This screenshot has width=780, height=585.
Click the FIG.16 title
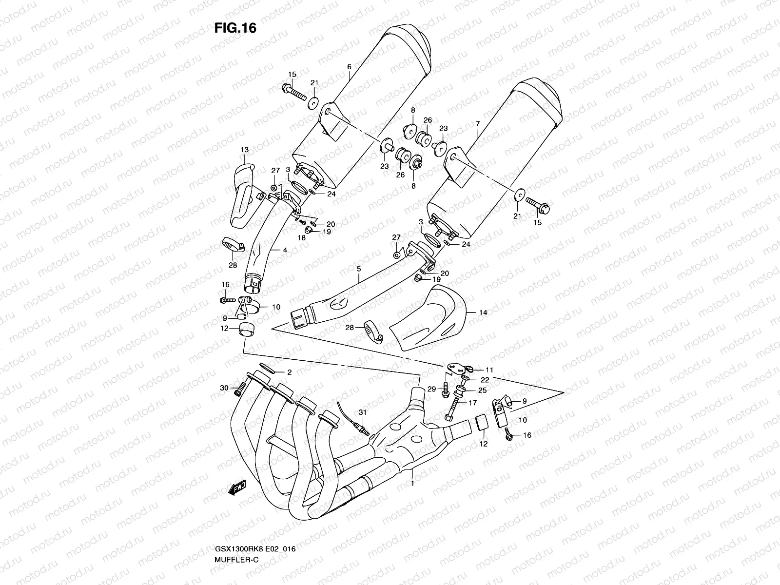pyautogui.click(x=235, y=28)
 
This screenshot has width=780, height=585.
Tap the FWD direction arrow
pyautogui.click(x=237, y=488)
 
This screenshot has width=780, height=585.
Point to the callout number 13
pyautogui.click(x=244, y=149)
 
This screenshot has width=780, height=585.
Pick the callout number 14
pyautogui.click(x=483, y=312)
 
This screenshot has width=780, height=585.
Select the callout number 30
pyautogui.click(x=224, y=388)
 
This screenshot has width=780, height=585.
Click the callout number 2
pyautogui.click(x=289, y=372)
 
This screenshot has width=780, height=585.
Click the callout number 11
pyautogui.click(x=489, y=370)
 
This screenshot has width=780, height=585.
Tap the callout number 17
pyautogui.click(x=472, y=403)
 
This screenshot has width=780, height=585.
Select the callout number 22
pyautogui.click(x=486, y=380)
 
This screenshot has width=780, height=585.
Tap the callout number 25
pyautogui.click(x=482, y=390)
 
